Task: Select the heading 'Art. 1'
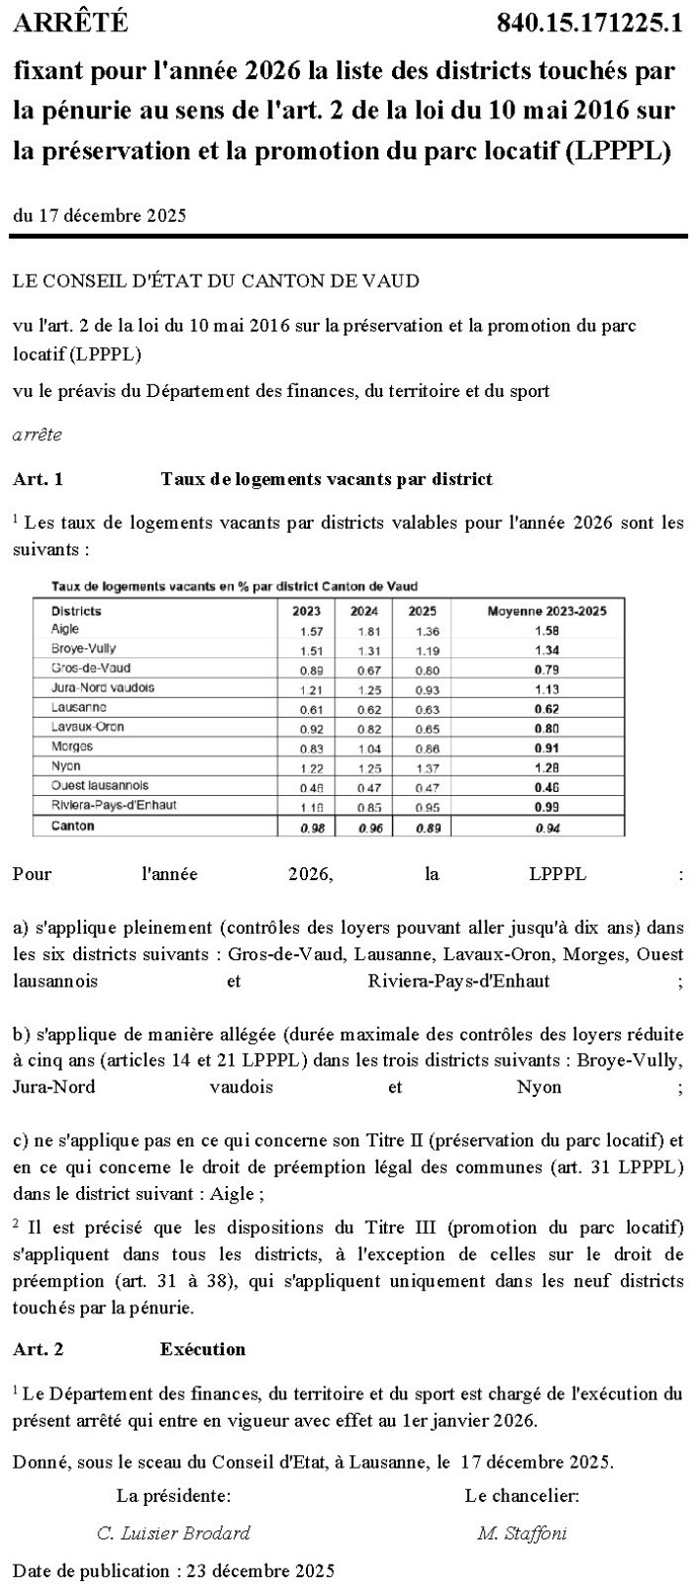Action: tap(38, 479)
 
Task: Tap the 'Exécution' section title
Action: tap(202, 1348)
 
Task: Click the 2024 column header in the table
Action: tap(365, 611)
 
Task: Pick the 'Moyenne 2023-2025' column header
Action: tap(547, 611)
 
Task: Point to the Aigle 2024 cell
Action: tap(365, 631)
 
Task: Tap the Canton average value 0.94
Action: tap(547, 827)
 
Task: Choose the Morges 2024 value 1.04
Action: tap(365, 747)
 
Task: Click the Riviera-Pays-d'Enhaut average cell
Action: tap(547, 806)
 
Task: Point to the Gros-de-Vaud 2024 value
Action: tap(365, 669)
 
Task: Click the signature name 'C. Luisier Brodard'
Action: tap(174, 1532)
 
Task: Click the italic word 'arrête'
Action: tap(37, 435)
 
